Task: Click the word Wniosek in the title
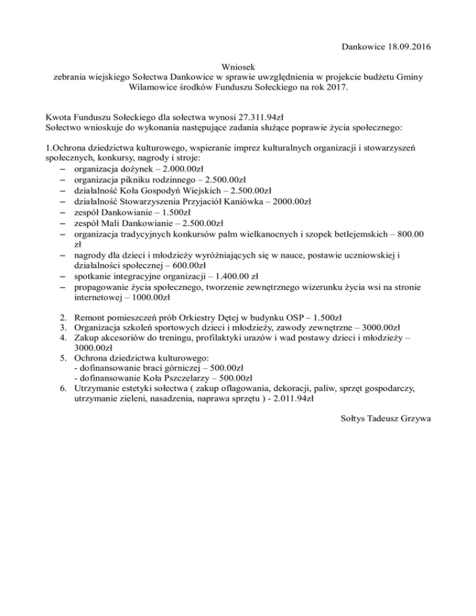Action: point(238,66)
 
